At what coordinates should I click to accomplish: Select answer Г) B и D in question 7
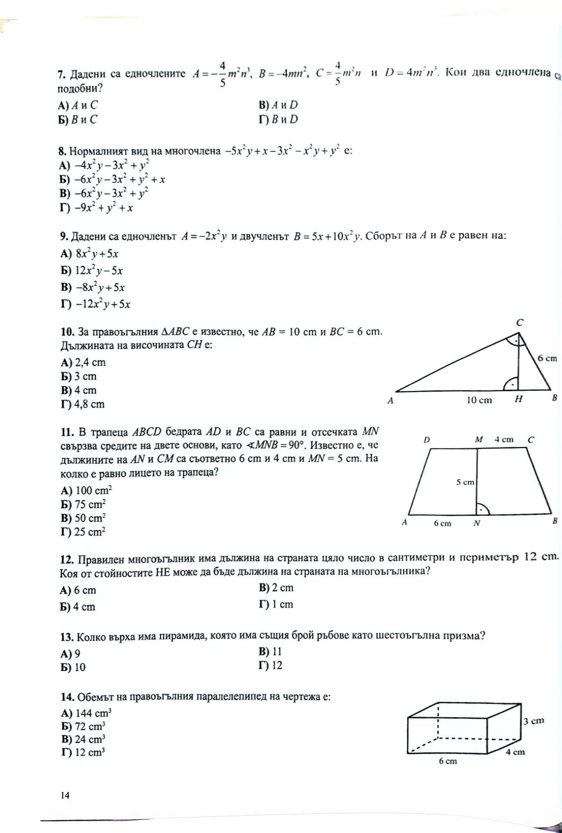tap(279, 120)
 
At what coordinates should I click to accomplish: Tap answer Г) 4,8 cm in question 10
tap(83, 404)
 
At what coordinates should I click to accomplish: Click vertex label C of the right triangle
tap(519, 323)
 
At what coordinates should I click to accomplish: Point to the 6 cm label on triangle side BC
tap(547, 358)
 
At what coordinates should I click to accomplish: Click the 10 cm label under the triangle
tap(479, 400)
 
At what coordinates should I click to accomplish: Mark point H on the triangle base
tap(519, 399)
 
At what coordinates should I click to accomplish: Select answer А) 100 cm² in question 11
tap(86, 490)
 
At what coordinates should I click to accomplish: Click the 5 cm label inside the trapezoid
tap(465, 483)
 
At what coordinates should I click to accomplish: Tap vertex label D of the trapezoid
tap(427, 440)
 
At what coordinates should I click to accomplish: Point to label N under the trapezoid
tap(477, 523)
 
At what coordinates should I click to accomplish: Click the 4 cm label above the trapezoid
tap(503, 439)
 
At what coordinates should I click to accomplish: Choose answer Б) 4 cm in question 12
tap(78, 607)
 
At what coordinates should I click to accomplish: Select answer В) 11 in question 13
tap(270, 651)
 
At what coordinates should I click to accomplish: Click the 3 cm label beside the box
tap(534, 721)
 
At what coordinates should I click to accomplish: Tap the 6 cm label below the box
tap(448, 761)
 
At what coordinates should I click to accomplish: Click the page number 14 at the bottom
tap(65, 795)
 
